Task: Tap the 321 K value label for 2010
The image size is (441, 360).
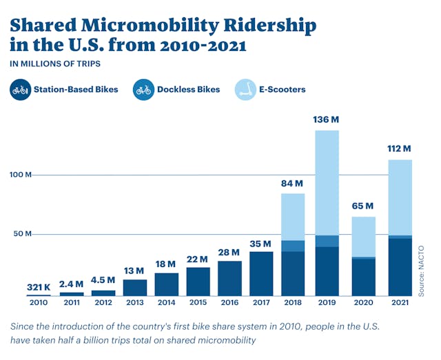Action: (x=39, y=286)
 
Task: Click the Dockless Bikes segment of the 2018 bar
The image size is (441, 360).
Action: (x=293, y=246)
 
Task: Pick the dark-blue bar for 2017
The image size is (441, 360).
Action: (x=261, y=273)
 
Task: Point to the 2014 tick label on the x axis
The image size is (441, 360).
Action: (x=166, y=303)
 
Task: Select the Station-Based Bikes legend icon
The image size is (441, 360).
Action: (x=21, y=89)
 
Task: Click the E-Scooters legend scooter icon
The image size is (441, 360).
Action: (x=245, y=89)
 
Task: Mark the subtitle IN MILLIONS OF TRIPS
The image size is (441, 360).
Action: (x=55, y=64)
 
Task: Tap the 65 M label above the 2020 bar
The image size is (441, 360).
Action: (x=362, y=206)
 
